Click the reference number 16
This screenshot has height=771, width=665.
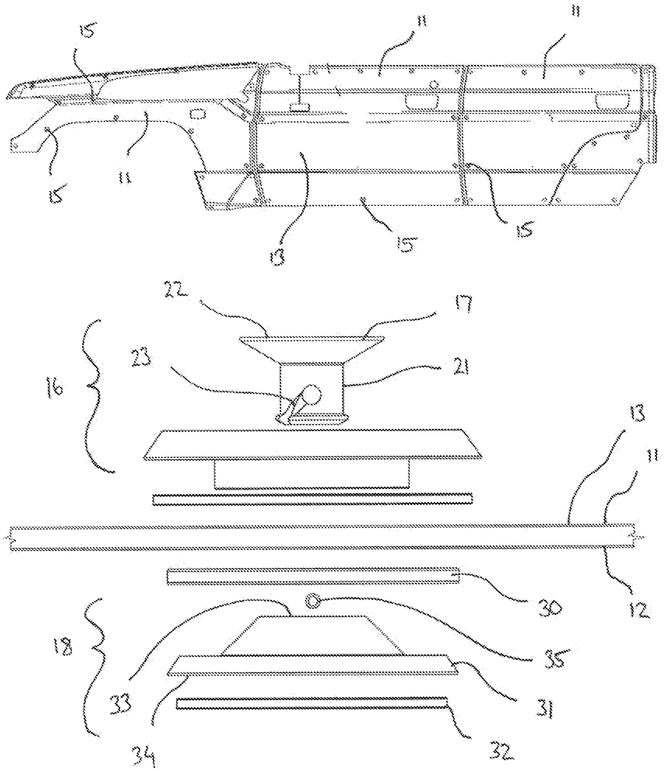(x=53, y=388)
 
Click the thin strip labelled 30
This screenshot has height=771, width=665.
(x=313, y=575)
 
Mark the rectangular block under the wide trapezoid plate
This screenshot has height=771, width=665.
(x=312, y=474)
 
